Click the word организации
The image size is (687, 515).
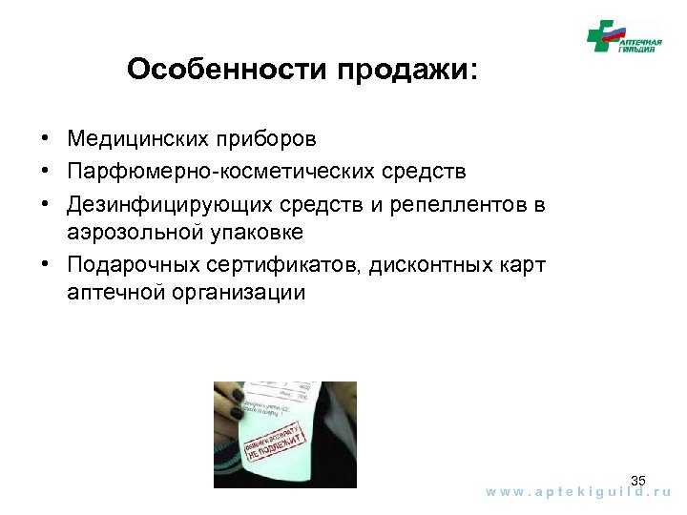coord(239,292)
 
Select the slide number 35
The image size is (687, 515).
coord(638,480)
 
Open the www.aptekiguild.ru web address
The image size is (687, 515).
coord(578,493)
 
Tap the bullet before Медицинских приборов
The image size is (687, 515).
coord(46,140)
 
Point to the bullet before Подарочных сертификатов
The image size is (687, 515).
coord(46,264)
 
